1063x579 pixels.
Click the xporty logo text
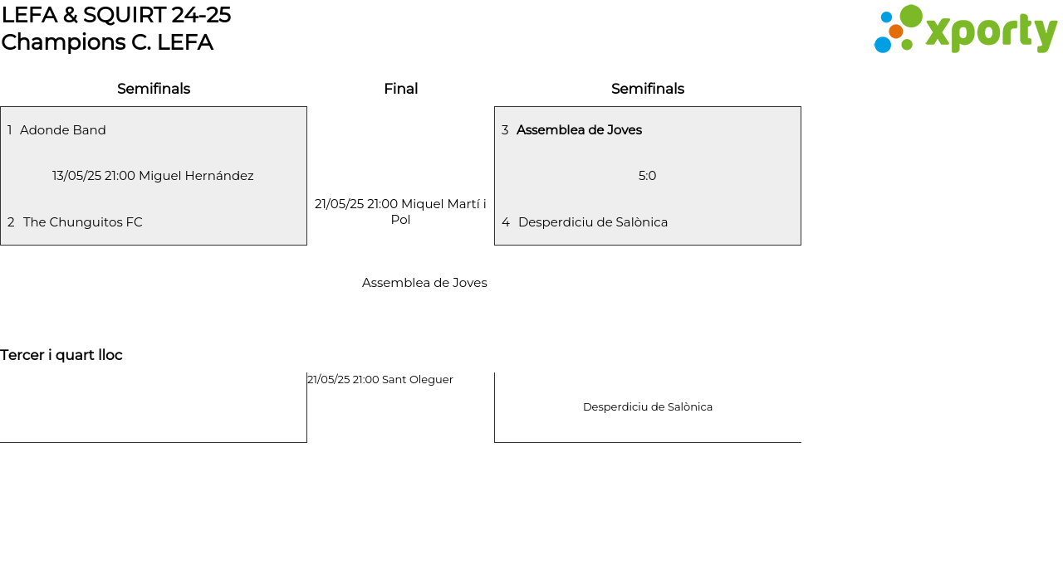992,32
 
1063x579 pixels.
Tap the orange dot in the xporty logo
895,32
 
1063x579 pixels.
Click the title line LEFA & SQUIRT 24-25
116,15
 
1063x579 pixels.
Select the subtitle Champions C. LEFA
107,42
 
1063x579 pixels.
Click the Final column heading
401,89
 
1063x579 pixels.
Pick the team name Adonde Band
62,130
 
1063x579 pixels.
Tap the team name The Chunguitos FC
82,222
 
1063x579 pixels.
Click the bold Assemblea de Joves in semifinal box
579,130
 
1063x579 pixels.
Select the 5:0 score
647,176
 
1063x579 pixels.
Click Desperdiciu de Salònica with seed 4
593,222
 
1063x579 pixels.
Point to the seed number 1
9,130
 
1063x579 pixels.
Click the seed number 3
505,130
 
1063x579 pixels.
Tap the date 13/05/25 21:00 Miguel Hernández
153,176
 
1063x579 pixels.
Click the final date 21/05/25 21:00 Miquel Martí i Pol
400,212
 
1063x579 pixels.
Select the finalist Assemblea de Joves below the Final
424,283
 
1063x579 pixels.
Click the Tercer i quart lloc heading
61,355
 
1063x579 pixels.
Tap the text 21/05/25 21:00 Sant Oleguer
380,380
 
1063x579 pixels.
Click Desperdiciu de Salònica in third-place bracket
648,407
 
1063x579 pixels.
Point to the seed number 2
11,222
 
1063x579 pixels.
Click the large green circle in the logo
911,16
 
